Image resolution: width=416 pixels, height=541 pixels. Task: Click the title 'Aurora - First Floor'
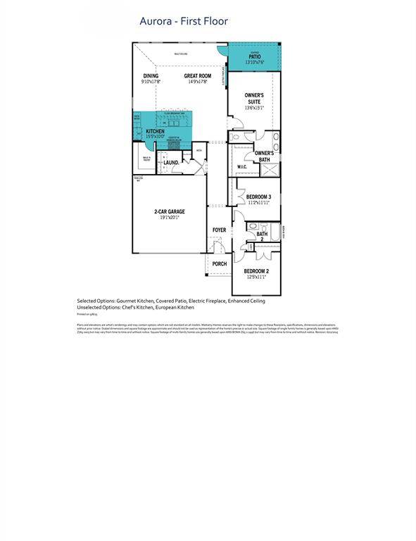(x=184, y=23)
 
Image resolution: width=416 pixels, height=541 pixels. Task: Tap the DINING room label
(x=151, y=76)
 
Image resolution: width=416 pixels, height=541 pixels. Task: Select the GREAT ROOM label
(x=197, y=76)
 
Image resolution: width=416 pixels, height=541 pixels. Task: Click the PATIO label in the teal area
(x=254, y=57)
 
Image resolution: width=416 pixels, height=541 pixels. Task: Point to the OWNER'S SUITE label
(x=254, y=98)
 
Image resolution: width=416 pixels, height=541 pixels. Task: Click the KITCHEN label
(x=156, y=131)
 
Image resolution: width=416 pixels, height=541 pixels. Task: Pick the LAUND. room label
(x=171, y=163)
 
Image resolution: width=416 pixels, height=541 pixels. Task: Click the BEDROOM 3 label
(x=258, y=197)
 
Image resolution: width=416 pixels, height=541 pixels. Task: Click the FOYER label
(x=220, y=230)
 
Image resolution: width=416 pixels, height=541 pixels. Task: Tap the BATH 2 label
(x=262, y=237)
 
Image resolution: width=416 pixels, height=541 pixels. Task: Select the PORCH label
(x=220, y=264)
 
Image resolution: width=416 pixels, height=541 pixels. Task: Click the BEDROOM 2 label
(x=257, y=270)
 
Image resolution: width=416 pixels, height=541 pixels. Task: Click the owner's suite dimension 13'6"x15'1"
(x=254, y=108)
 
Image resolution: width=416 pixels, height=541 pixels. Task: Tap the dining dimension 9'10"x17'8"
(x=151, y=82)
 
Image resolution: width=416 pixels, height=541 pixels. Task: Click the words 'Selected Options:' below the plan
(x=96, y=301)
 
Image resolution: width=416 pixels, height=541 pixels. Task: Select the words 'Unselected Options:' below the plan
(x=99, y=307)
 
